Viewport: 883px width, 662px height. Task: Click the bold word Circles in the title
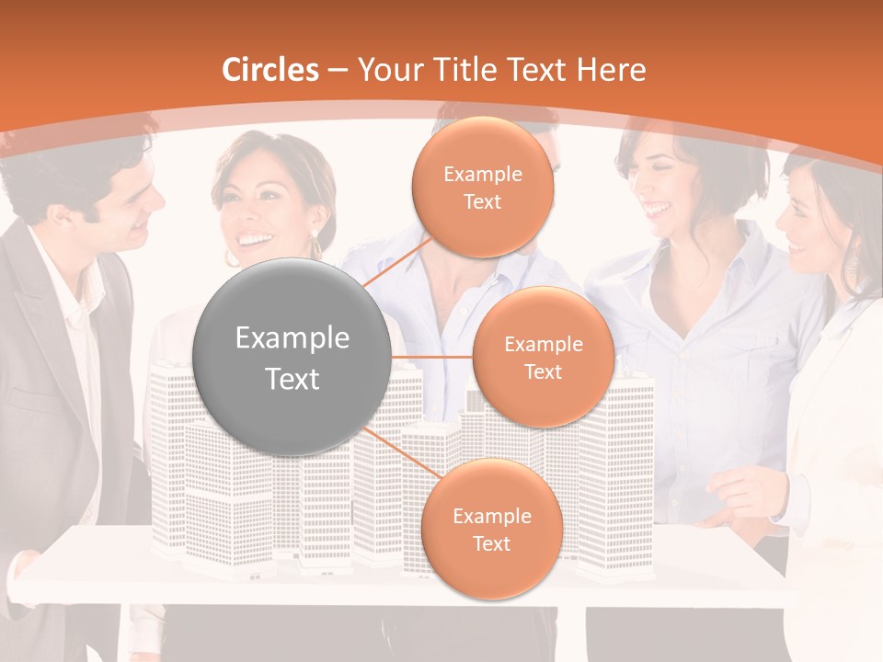point(270,70)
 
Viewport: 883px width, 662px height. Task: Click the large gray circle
point(292,357)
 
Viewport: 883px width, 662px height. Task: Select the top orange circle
point(482,187)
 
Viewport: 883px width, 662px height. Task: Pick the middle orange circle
point(543,357)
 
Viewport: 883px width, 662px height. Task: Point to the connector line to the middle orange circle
point(431,357)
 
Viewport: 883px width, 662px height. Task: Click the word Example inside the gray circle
point(292,338)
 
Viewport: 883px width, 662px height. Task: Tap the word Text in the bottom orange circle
point(491,543)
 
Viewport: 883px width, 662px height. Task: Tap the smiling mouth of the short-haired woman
point(657,209)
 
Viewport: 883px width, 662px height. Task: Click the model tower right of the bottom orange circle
point(616,460)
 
